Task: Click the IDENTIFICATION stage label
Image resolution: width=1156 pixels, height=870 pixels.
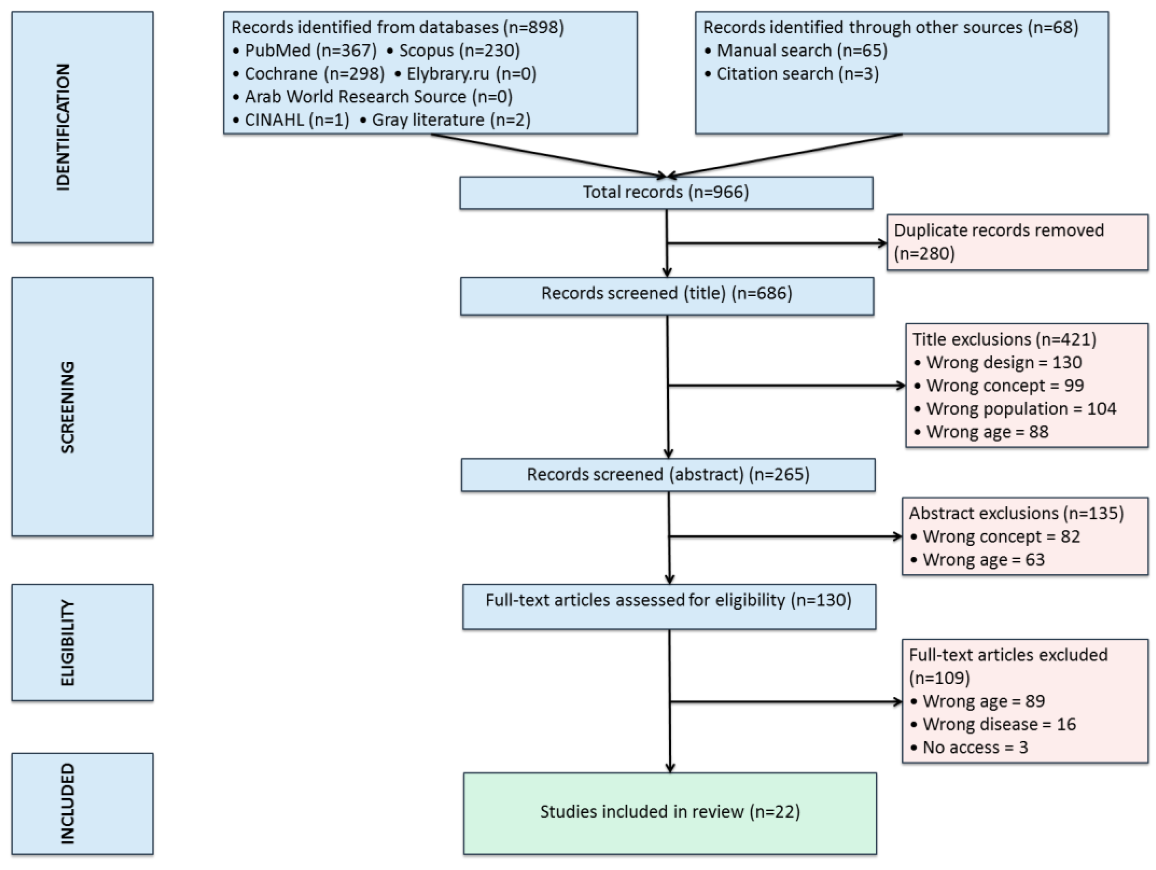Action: pyautogui.click(x=64, y=127)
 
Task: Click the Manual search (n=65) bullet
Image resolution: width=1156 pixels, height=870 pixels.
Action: pyautogui.click(x=796, y=51)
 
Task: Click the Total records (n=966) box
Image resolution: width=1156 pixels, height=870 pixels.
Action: pyautogui.click(x=666, y=193)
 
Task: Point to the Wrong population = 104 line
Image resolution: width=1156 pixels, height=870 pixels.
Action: pyautogui.click(x=1015, y=409)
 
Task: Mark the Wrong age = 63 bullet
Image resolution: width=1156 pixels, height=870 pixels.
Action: pyautogui.click(x=978, y=560)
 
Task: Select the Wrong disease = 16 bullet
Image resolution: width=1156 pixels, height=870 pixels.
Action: pyautogui.click(x=993, y=724)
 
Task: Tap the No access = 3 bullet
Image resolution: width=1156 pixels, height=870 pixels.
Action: pyautogui.click(x=970, y=747)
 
